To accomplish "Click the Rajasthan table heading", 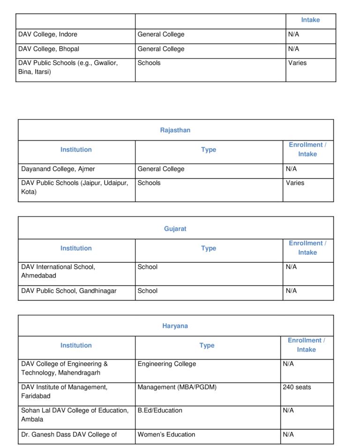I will [x=175, y=130].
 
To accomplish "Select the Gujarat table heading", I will [x=175, y=229].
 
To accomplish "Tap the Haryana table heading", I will [x=175, y=326].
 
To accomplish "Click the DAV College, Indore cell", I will [x=48, y=34].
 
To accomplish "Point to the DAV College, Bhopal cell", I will [x=49, y=49].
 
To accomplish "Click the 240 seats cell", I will [x=297, y=387].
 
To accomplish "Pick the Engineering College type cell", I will [x=167, y=364].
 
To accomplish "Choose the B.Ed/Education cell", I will [x=160, y=410].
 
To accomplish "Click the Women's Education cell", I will [x=166, y=434].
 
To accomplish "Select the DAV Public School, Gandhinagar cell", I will [x=69, y=291].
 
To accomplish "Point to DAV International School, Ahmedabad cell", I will [x=58, y=271].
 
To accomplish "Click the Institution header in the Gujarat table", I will [x=76, y=248].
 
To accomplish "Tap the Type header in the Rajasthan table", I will [x=209, y=150].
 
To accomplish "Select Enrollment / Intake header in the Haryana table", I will [x=306, y=345].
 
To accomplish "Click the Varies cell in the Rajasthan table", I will [x=295, y=183].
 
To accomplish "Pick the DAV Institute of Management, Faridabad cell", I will [x=64, y=392].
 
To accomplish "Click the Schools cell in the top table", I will [x=149, y=63].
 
